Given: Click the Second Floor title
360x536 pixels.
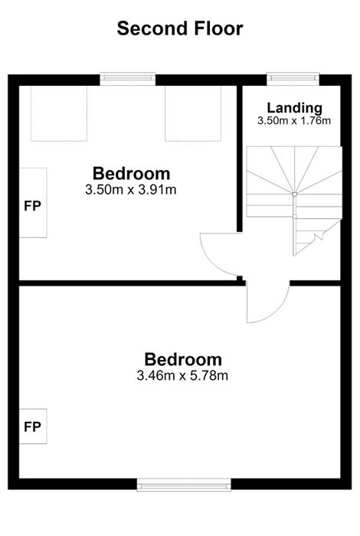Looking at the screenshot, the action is click(180, 28).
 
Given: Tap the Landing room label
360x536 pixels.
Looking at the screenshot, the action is click(294, 108).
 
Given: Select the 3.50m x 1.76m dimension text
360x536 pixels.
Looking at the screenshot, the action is click(294, 121).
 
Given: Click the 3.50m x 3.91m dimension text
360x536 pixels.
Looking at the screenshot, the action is click(131, 189).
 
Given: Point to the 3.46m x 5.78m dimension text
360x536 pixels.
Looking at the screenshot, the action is click(182, 376).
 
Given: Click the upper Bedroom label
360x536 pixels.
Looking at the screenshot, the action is click(131, 174).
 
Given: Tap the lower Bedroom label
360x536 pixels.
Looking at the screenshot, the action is click(183, 360).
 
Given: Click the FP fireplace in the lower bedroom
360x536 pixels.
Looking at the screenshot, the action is click(33, 427).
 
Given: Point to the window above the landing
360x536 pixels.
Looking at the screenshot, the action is click(293, 78).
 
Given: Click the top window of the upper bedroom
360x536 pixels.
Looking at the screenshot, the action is click(127, 78).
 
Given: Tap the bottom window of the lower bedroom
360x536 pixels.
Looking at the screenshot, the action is click(184, 485).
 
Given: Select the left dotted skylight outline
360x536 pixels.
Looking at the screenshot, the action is click(59, 113).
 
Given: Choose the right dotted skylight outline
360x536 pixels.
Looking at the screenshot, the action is click(193, 113).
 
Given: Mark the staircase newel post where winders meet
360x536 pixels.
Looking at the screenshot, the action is click(294, 194).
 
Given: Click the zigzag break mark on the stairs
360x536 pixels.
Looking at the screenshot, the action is click(319, 236).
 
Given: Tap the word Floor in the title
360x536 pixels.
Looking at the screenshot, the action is click(219, 28).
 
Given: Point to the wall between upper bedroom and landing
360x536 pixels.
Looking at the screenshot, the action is click(240, 159).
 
